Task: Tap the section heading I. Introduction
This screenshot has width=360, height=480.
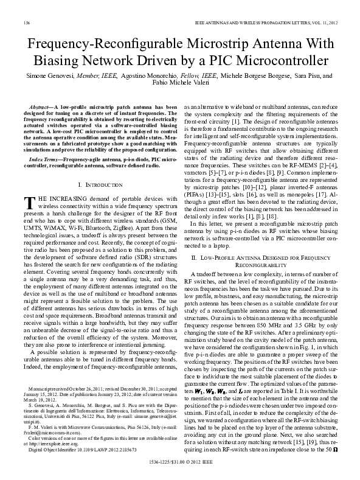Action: pyautogui.click(x=98, y=183)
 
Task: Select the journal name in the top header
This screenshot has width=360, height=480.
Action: pyautogui.click(x=255, y=23)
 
